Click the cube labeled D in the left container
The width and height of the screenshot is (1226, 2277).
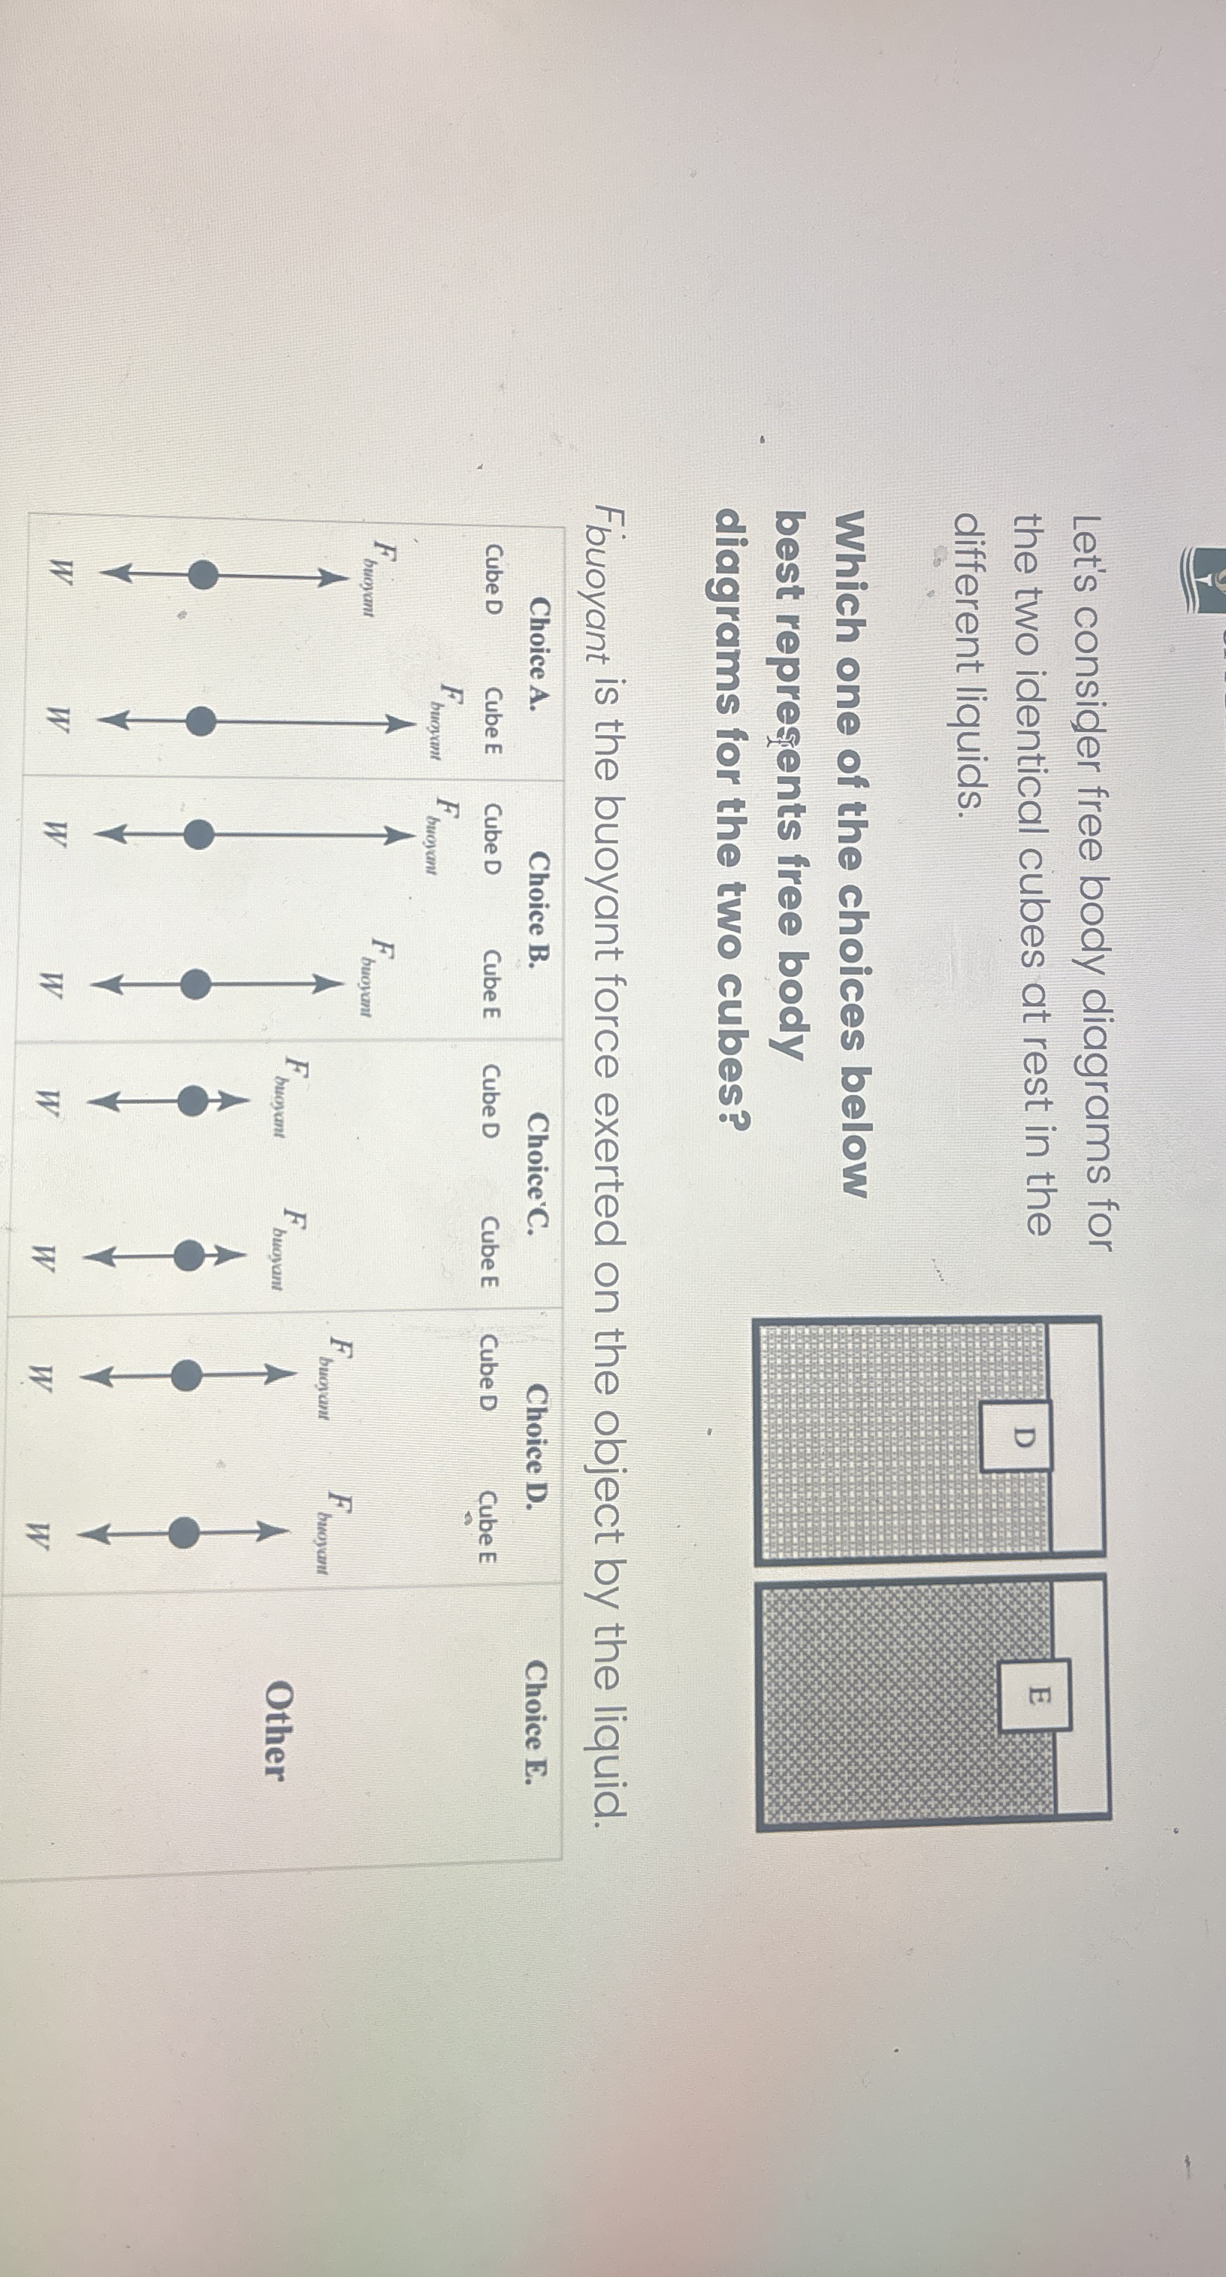(1018, 1435)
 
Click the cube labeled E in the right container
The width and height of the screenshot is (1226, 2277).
(1036, 1695)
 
